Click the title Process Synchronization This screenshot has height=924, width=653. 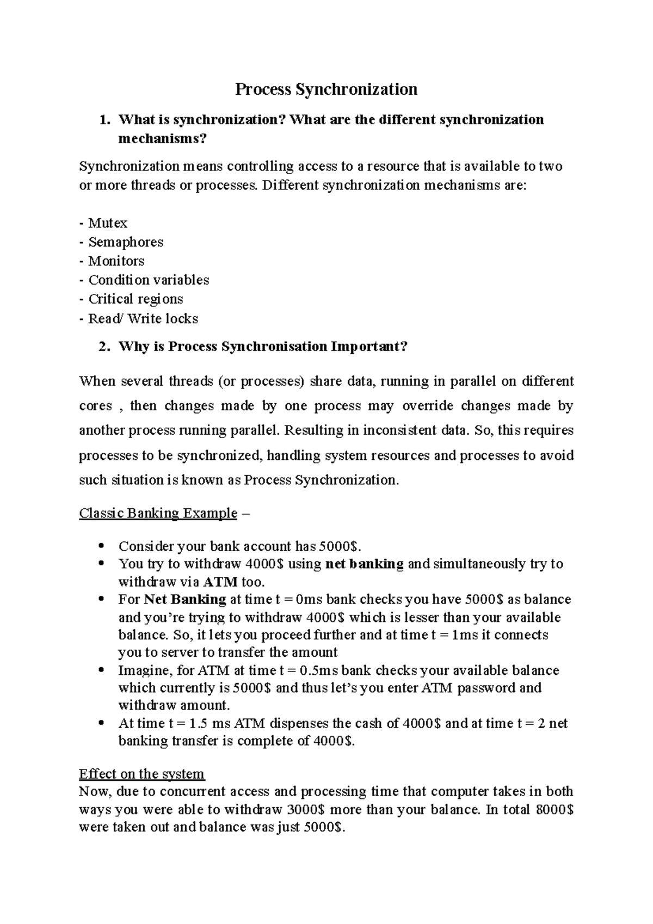[x=326, y=89]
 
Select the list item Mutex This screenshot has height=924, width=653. [x=107, y=223]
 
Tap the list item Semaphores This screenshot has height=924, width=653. [x=125, y=242]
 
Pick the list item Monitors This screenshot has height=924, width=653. [x=116, y=261]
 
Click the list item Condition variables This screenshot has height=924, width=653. [x=148, y=280]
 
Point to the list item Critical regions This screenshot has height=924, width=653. [x=135, y=299]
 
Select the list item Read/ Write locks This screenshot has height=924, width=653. [x=143, y=319]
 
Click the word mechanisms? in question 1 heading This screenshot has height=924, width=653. [x=163, y=139]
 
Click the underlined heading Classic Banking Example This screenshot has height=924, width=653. [x=158, y=513]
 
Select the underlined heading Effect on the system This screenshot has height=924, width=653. [x=141, y=774]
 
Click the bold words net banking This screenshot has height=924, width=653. [x=364, y=564]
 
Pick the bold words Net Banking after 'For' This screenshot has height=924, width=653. [x=185, y=600]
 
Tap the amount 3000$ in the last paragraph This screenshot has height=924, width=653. [x=305, y=810]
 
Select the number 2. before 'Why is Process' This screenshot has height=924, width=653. [x=104, y=347]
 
